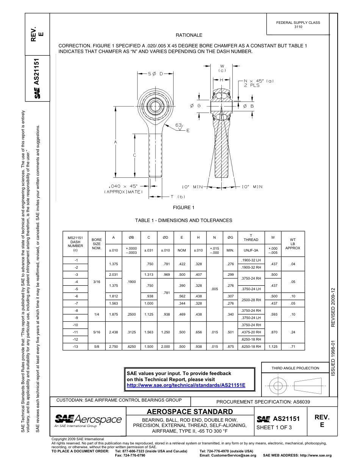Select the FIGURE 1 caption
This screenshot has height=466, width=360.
click(183, 208)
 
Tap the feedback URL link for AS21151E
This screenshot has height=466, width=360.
click(186, 385)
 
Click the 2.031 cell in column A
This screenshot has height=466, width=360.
click(113, 274)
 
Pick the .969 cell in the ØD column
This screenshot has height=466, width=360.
click(166, 274)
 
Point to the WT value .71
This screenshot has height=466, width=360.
click(292, 347)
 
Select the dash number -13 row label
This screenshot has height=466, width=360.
click(75, 347)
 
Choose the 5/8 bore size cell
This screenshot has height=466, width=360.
click(97, 347)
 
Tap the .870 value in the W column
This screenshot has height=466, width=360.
click(272, 332)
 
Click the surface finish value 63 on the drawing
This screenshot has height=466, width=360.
click(179, 125)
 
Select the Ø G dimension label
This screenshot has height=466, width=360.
click(195, 106)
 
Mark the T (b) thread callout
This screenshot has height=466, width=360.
click(177, 197)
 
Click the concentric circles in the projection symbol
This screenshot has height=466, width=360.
click(279, 386)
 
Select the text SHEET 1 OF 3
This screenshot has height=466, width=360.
click(274, 428)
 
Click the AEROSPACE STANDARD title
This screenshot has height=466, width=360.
click(189, 412)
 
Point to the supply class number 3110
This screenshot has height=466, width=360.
click(298, 27)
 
